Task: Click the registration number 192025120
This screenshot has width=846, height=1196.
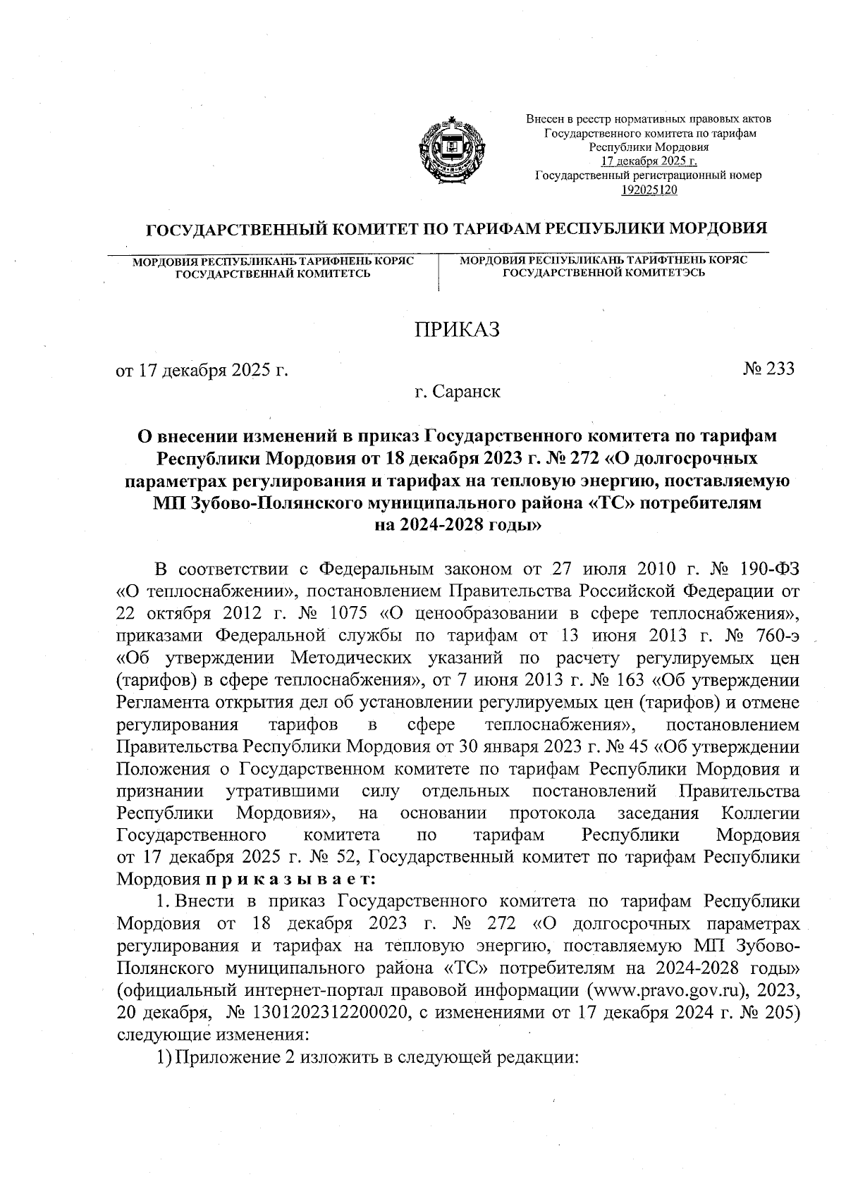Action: pyautogui.click(x=649, y=188)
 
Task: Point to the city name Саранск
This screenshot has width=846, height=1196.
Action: pyautogui.click(x=467, y=391)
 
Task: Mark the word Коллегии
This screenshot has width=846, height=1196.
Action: pyautogui.click(x=761, y=813)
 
